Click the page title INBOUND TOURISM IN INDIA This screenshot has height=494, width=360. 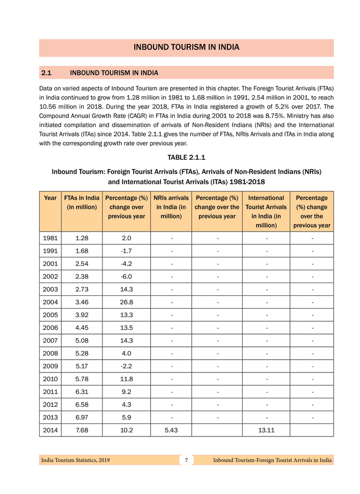186,47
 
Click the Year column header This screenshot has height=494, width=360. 50,198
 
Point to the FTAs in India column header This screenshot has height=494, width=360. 82,202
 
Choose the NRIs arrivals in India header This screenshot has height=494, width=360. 171,207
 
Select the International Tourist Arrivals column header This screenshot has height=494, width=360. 266,211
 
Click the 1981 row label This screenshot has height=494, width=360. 50,238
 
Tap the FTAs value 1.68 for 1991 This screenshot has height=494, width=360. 82,251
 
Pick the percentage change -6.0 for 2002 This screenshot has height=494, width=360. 126,277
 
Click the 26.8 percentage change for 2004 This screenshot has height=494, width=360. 126,303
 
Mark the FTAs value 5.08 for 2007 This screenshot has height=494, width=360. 82,341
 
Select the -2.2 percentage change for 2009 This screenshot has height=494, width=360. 126,366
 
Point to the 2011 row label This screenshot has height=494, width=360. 50,392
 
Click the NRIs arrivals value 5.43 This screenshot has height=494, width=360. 171,430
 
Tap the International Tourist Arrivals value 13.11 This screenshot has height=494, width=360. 266,430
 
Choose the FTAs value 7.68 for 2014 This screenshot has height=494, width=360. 82,430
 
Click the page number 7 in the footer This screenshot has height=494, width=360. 187,460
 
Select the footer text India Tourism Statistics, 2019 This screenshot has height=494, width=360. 75,460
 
